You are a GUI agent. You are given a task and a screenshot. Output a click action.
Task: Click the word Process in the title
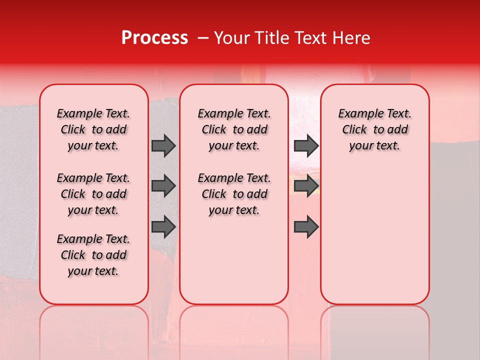(154, 38)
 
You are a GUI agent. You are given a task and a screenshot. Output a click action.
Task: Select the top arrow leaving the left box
(163, 145)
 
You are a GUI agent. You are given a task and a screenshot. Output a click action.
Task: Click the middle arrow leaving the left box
(163, 186)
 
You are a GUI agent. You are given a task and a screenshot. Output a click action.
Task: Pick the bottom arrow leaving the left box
(163, 226)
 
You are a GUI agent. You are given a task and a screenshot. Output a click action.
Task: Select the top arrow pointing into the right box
(306, 145)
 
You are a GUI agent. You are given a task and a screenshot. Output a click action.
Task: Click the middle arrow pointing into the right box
(306, 186)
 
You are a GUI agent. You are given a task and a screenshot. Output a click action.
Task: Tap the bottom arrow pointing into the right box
(306, 226)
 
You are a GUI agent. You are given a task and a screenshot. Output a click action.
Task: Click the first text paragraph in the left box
(93, 129)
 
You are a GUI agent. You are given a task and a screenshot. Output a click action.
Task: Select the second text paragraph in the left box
(93, 194)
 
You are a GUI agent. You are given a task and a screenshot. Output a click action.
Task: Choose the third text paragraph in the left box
(93, 255)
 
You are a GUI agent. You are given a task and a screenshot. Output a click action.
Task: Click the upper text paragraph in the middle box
(234, 129)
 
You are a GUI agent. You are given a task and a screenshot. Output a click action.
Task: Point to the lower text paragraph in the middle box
(234, 194)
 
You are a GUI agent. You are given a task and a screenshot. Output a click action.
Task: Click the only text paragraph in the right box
(374, 129)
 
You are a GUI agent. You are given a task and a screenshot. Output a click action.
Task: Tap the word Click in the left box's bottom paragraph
(73, 255)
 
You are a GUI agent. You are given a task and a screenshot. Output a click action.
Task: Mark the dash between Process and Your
(203, 38)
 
